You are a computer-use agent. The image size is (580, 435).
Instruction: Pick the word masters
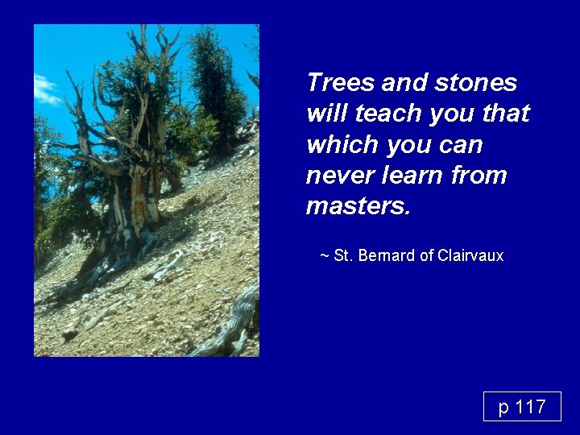[x=358, y=206]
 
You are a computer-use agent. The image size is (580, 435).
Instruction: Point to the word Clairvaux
[x=470, y=256]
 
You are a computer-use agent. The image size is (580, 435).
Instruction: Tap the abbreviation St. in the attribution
[x=342, y=256]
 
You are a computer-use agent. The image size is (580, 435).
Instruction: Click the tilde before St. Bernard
[x=324, y=256]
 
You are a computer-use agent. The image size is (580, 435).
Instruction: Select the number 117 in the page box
[x=530, y=408]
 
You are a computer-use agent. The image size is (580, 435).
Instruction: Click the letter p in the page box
[x=503, y=408]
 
